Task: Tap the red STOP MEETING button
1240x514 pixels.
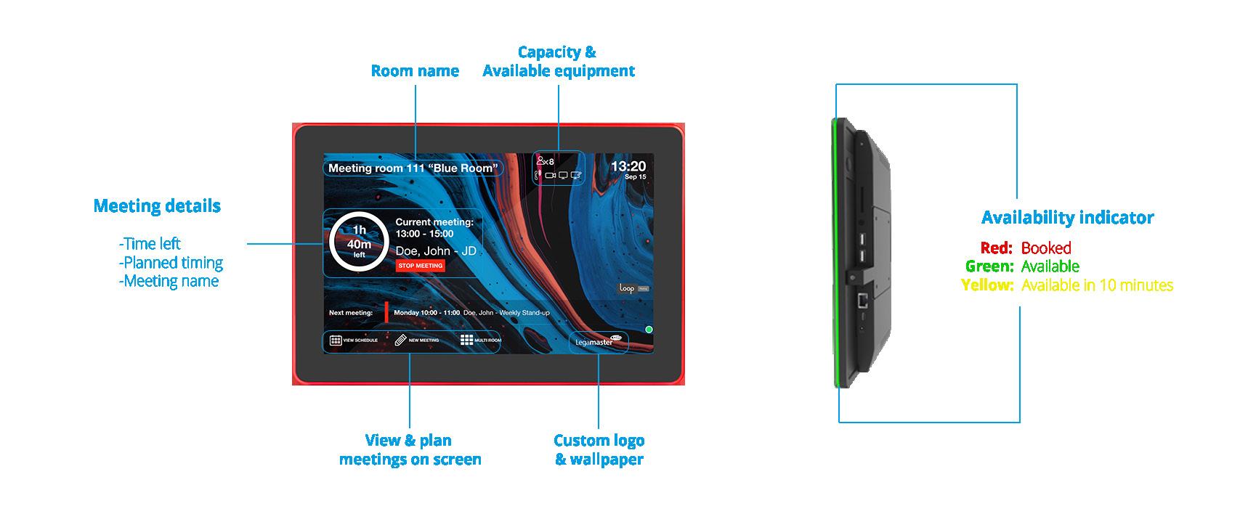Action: [x=421, y=266]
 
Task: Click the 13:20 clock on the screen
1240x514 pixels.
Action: [x=628, y=166]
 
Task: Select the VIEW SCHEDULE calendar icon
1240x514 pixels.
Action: [x=336, y=340]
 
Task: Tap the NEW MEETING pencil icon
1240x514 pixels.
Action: [x=401, y=340]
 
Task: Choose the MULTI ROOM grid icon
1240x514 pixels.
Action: [x=467, y=340]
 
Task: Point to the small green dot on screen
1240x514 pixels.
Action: [x=649, y=330]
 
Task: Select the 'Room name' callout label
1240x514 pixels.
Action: [x=415, y=70]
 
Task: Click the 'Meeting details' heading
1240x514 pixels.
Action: [x=157, y=205]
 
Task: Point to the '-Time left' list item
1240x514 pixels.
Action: [x=150, y=244]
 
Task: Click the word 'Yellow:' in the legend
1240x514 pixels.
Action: [x=987, y=285]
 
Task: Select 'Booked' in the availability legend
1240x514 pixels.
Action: [x=1046, y=248]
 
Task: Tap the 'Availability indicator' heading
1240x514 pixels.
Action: [x=1067, y=217]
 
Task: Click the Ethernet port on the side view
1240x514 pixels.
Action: [x=862, y=299]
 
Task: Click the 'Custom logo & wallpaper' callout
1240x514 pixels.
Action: [x=599, y=449]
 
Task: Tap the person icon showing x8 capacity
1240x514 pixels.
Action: [x=541, y=161]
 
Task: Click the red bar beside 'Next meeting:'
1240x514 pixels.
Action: [x=386, y=312]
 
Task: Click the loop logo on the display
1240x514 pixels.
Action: [x=628, y=288]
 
